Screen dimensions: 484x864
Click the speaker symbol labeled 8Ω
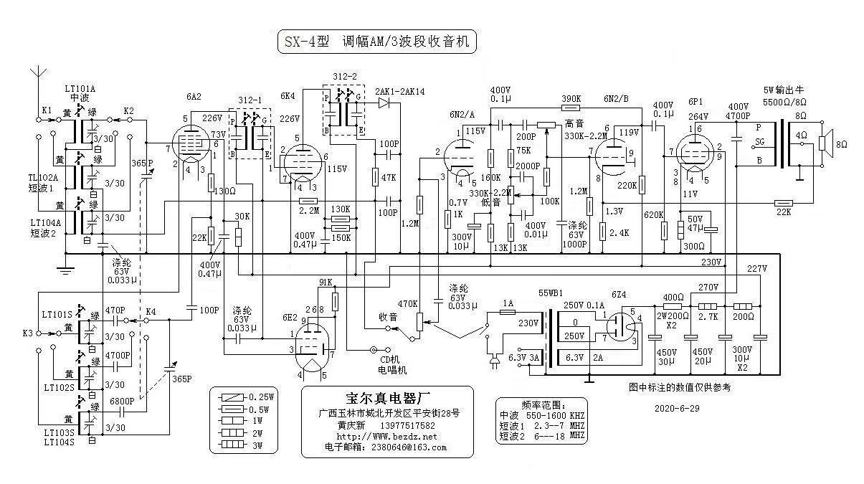point(825,143)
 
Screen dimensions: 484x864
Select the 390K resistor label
point(571,98)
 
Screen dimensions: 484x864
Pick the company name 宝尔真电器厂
point(387,399)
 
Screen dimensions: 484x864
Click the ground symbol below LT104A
point(65,271)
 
